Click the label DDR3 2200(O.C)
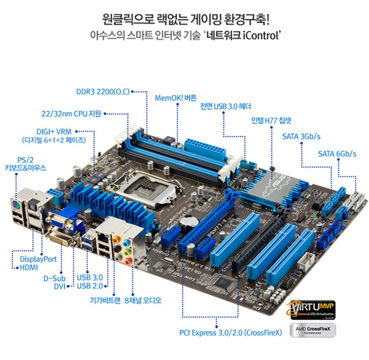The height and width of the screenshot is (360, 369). click(x=103, y=92)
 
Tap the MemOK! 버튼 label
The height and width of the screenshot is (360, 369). click(x=176, y=98)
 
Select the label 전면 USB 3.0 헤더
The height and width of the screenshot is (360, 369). click(x=225, y=107)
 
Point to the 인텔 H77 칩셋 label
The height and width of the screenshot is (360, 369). click(x=271, y=121)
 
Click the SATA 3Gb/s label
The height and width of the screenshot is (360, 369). click(x=301, y=136)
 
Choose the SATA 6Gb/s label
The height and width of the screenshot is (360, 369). click(x=337, y=154)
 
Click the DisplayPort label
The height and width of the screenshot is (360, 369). click(x=38, y=259)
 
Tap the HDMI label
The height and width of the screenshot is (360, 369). click(x=29, y=267)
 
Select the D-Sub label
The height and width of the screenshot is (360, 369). click(x=54, y=278)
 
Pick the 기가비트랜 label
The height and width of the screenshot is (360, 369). click(x=105, y=300)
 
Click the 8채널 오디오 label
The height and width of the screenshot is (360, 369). click(x=143, y=300)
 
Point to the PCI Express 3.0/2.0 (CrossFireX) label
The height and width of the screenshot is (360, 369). click(x=231, y=333)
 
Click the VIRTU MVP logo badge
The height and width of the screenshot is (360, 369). click(x=311, y=309)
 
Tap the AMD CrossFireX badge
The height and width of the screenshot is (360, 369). click(x=313, y=330)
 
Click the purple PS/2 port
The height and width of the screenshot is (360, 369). click(x=15, y=206)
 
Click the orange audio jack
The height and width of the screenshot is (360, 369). click(x=117, y=240)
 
